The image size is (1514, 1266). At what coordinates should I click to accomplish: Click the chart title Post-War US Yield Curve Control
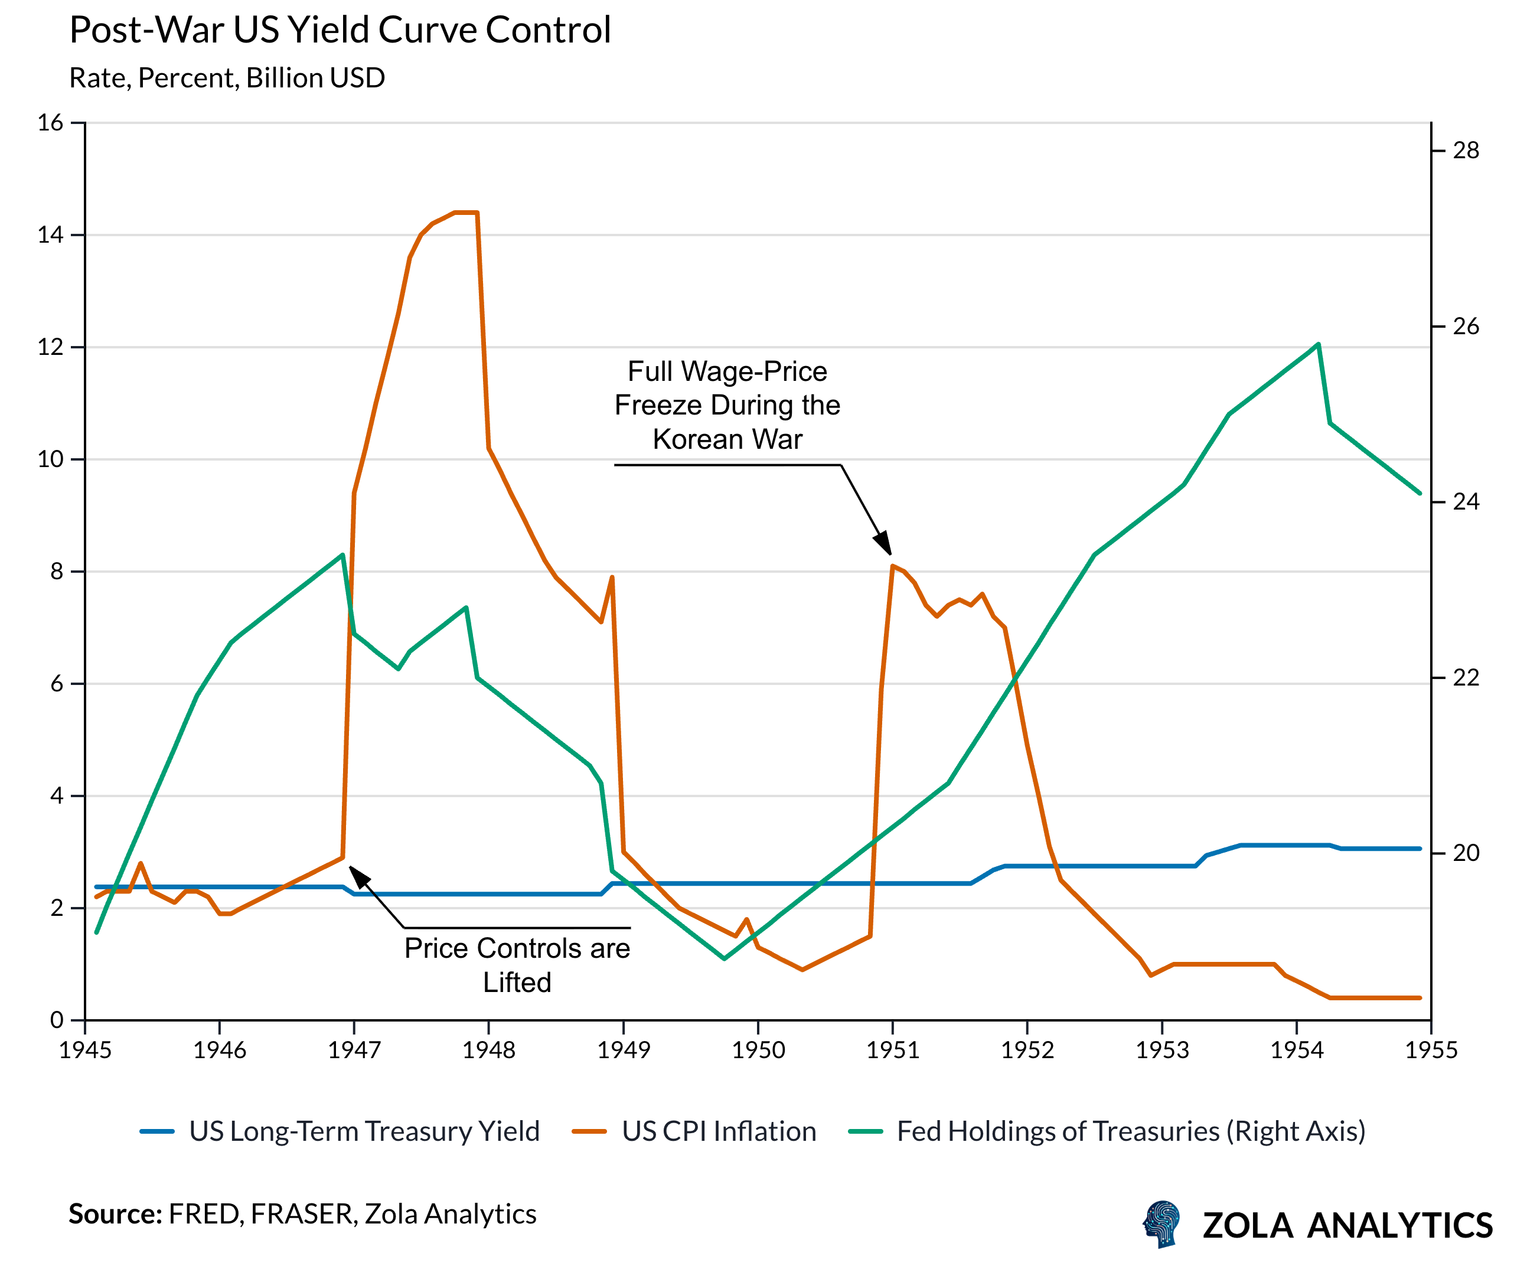(x=340, y=30)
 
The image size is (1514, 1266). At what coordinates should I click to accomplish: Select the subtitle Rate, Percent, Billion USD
(x=227, y=78)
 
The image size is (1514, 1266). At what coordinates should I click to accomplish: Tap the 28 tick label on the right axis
(x=1466, y=151)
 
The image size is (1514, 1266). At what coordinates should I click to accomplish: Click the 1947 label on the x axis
(x=354, y=1050)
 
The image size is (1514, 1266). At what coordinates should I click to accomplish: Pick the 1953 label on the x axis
(x=1162, y=1050)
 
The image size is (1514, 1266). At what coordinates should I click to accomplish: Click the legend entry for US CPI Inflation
(x=718, y=1131)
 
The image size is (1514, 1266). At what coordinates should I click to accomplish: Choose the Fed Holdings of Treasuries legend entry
(x=1130, y=1131)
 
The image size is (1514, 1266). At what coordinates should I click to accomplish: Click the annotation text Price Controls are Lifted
(x=517, y=965)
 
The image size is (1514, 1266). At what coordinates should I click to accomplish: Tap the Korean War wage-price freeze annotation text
(x=727, y=405)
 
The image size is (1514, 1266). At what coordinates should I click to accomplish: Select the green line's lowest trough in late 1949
(x=725, y=959)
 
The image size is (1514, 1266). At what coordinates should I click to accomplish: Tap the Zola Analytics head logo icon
(x=1162, y=1224)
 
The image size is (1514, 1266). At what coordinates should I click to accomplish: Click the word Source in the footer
(x=115, y=1214)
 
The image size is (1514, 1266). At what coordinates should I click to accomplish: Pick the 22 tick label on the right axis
(x=1466, y=678)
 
